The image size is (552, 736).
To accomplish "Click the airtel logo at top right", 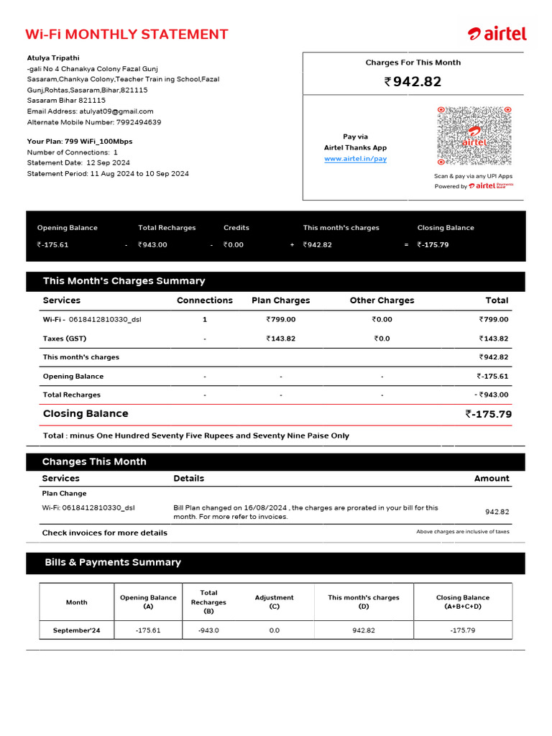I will (497, 34).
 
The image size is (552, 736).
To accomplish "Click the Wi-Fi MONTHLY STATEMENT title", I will (126, 34).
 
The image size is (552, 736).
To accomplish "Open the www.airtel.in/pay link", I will (355, 159).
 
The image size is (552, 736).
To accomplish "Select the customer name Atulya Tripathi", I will (53, 58).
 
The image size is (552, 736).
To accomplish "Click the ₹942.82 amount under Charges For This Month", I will (413, 82).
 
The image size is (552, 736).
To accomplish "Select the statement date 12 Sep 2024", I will (108, 163).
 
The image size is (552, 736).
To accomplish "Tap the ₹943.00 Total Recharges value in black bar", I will (152, 245).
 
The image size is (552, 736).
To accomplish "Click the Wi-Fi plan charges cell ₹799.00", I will (280, 320).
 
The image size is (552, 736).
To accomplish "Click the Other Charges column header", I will (382, 300).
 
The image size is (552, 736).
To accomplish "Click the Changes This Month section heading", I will (94, 462).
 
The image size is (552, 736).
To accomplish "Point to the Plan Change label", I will (64, 494).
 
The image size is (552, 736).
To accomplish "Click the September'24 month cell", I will (76, 630).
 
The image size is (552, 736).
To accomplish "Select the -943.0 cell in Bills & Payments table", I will (208, 630).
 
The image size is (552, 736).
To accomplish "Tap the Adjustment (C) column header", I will (274, 602).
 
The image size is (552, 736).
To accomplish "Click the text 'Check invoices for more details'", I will (104, 533).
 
